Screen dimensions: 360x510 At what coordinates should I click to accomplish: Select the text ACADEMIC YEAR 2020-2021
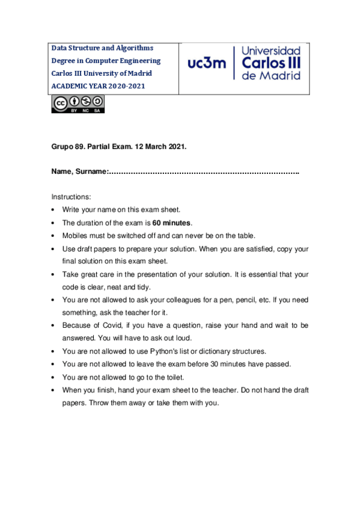(x=98, y=86)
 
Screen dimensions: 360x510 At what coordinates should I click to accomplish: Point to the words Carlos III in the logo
(x=271, y=63)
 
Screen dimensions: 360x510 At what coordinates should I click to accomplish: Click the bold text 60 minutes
(x=171, y=223)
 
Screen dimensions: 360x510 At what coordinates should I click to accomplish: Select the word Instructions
(x=71, y=197)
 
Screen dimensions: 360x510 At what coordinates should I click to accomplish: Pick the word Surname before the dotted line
(x=91, y=173)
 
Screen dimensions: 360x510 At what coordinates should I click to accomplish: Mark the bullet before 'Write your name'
(x=55, y=210)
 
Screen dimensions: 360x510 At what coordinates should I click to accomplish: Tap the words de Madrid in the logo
(x=270, y=76)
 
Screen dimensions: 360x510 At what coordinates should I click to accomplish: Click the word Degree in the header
(x=65, y=61)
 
